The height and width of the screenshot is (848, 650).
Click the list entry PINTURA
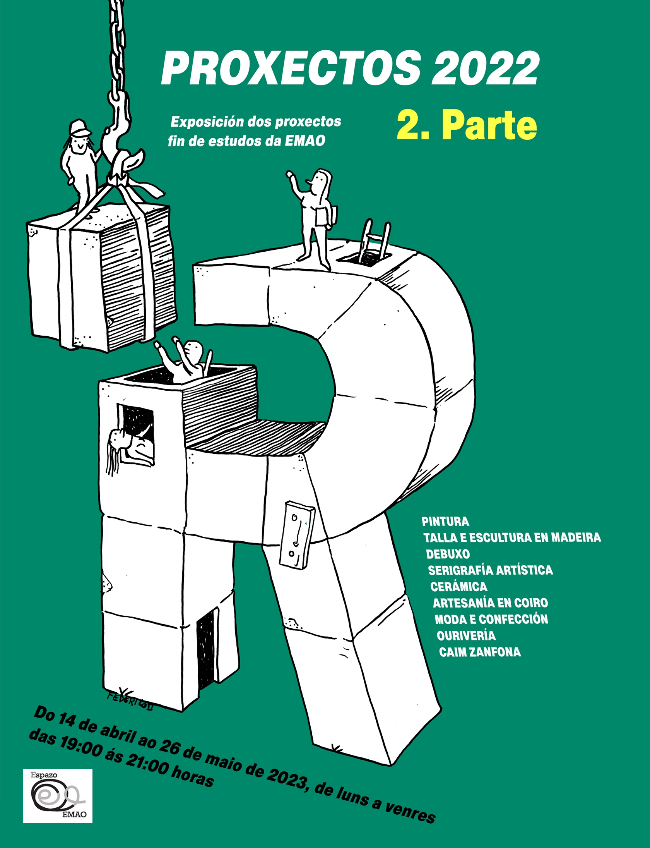click(445, 522)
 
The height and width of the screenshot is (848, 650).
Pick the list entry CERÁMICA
click(459, 586)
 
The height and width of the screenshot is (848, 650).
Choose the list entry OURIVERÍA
click(466, 635)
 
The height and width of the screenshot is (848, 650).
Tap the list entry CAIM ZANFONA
click(480, 652)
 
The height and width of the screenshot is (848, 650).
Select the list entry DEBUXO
click(448, 554)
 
